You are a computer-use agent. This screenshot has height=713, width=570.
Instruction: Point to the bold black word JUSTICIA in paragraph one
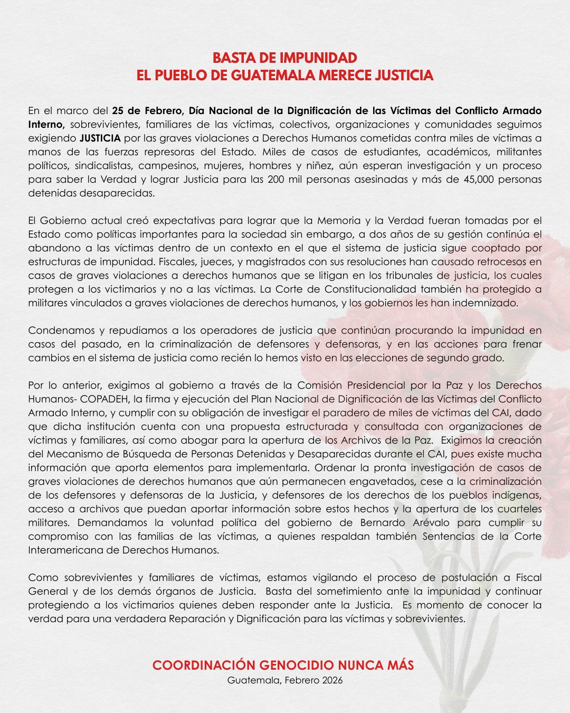(x=100, y=138)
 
